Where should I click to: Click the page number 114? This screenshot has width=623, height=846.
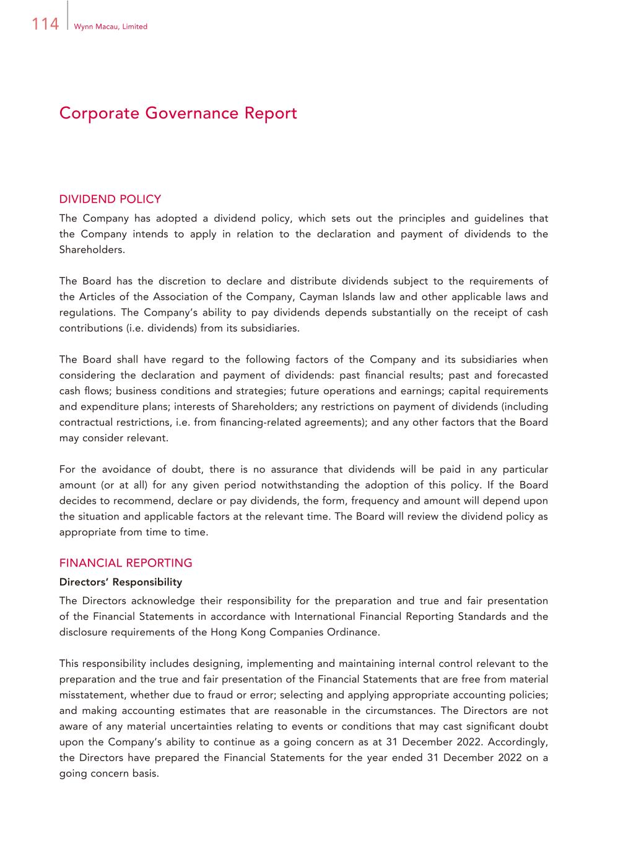tap(45, 24)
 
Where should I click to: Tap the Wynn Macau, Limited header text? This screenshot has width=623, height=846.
tap(110, 27)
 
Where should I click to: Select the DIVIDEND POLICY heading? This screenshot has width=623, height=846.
tap(110, 199)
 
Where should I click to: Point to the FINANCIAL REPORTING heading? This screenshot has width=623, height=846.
tap(126, 563)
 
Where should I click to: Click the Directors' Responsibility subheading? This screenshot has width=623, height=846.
tap(121, 582)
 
